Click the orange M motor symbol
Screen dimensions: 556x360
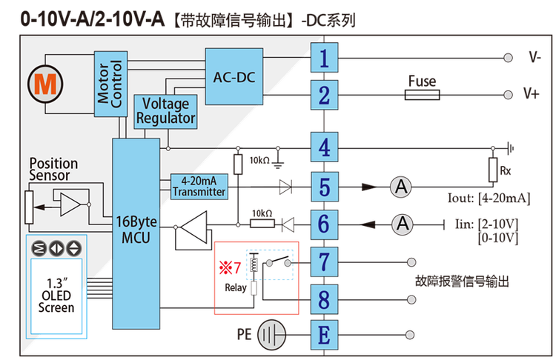point(45,84)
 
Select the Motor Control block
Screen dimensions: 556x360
point(110,84)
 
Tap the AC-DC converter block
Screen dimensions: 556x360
point(234,76)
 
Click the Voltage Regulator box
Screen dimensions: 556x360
point(165,112)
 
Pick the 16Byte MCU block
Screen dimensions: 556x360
point(136,233)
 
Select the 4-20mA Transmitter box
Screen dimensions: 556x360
point(199,187)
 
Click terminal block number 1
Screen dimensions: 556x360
point(324,58)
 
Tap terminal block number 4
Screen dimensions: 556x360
point(324,147)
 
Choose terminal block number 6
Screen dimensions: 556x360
point(324,224)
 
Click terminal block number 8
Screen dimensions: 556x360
point(324,299)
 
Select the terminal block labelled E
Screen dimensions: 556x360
point(324,335)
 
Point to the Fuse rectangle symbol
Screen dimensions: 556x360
point(422,95)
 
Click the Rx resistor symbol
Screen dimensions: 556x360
point(493,170)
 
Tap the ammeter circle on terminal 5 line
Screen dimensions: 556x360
point(401,187)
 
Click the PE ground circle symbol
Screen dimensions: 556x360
point(271,335)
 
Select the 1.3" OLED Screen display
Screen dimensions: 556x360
point(56,296)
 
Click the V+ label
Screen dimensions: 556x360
point(532,93)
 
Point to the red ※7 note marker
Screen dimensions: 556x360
point(230,267)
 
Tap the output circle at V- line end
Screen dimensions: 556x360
point(508,58)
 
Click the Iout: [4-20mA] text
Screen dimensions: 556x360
point(489,198)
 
